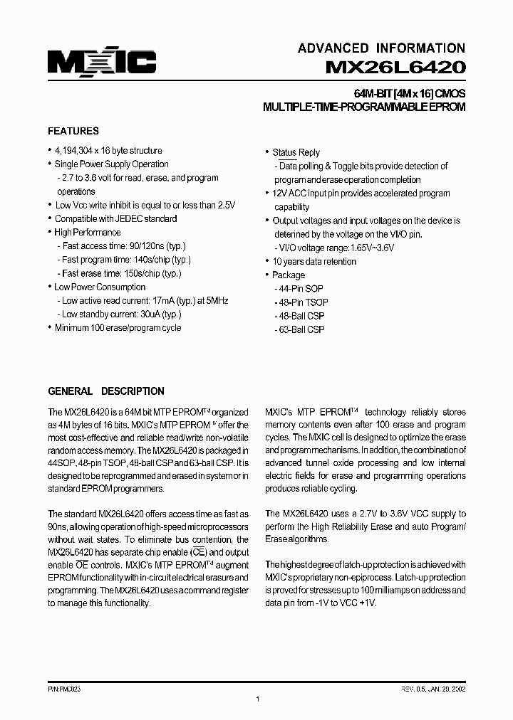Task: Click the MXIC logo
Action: click(x=102, y=62)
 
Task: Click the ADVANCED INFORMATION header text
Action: click(x=381, y=48)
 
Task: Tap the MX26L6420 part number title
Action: click(x=395, y=68)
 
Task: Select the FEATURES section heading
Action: click(x=73, y=132)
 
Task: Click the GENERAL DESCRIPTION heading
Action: click(x=106, y=391)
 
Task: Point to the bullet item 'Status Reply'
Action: click(x=296, y=152)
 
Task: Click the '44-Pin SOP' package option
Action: click(x=299, y=289)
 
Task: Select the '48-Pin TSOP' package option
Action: click(x=301, y=302)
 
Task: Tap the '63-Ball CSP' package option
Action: click(x=299, y=329)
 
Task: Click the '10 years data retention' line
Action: click(x=314, y=262)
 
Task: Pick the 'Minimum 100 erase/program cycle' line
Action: click(x=118, y=328)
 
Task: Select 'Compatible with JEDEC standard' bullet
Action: click(x=115, y=219)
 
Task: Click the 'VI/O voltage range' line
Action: click(x=334, y=248)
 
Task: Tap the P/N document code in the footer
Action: click(x=64, y=689)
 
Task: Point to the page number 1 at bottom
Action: click(x=256, y=700)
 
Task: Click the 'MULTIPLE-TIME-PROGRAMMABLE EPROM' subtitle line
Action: click(x=364, y=107)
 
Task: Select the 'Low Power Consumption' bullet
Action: click(x=100, y=287)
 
